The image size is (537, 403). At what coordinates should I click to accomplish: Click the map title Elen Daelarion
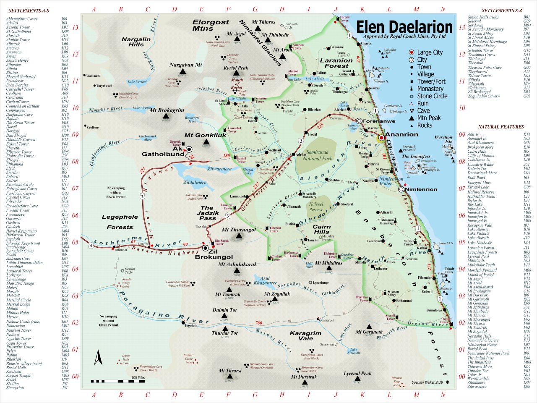click(404, 27)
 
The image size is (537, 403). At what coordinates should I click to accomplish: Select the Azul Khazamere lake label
click(265, 280)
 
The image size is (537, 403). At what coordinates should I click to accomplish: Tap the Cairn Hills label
click(321, 229)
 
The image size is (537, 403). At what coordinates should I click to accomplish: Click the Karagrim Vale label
click(305, 335)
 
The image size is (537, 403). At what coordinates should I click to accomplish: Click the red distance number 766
click(258, 323)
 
